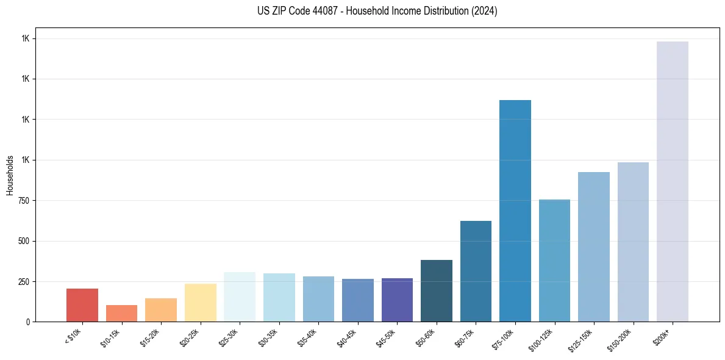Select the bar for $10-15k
click(121, 313)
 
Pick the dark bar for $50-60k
click(437, 290)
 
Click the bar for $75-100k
click(515, 211)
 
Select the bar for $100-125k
click(554, 261)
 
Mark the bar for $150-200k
click(633, 242)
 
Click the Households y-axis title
click(10, 175)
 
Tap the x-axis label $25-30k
click(229, 339)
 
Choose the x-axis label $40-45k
click(347, 339)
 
